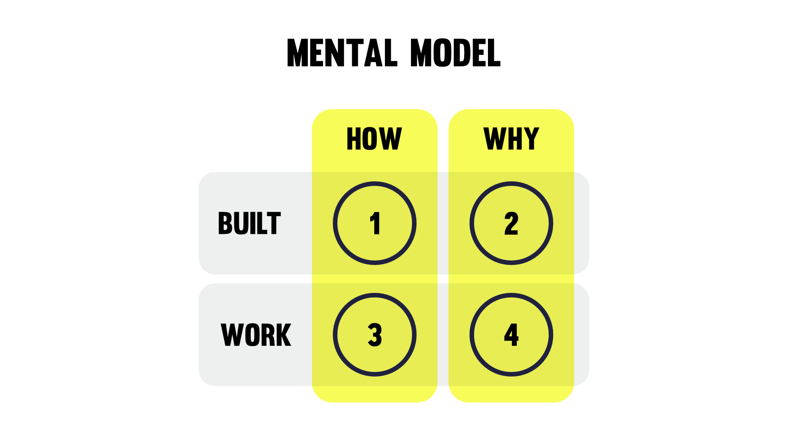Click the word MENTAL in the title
(x=342, y=53)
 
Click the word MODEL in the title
(x=455, y=53)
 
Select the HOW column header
(x=374, y=139)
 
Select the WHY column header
(x=511, y=139)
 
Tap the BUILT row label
(x=249, y=224)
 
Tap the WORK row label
(x=256, y=335)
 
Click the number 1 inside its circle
(x=375, y=224)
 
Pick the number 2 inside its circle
(x=511, y=224)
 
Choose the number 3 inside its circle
(x=375, y=335)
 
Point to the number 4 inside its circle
(x=511, y=335)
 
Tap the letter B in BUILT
(x=225, y=224)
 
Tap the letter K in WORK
(x=284, y=335)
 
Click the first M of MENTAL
(x=297, y=53)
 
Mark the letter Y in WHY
(x=531, y=139)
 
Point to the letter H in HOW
(x=354, y=139)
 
